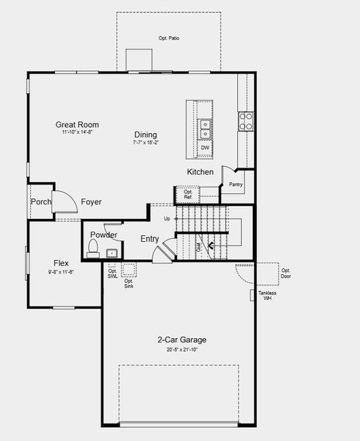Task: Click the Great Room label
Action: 77,125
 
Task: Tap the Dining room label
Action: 145,135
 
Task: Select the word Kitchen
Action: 200,172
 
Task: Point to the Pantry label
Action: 236,184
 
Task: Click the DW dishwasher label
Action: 205,148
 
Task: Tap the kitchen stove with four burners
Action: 245,121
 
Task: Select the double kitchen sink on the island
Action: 206,129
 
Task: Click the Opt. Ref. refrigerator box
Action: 187,195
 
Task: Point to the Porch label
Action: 40,202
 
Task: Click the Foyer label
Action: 91,202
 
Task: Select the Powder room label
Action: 104,235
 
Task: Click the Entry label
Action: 150,239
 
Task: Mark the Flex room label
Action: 62,263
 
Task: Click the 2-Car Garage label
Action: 181,340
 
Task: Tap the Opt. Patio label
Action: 169,37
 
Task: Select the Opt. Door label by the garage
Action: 286,273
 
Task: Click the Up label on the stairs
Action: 167,219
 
